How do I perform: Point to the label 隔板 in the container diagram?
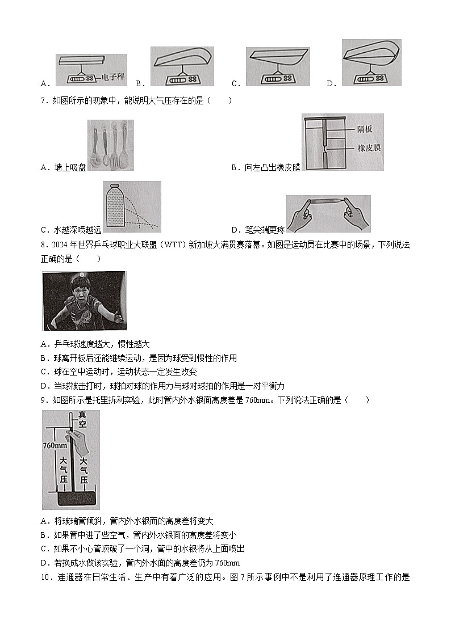click(365, 129)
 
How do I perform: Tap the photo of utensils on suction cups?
click(111, 145)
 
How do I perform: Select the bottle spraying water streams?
click(115, 207)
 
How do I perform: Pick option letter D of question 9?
click(45, 563)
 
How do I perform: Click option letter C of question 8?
click(45, 372)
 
